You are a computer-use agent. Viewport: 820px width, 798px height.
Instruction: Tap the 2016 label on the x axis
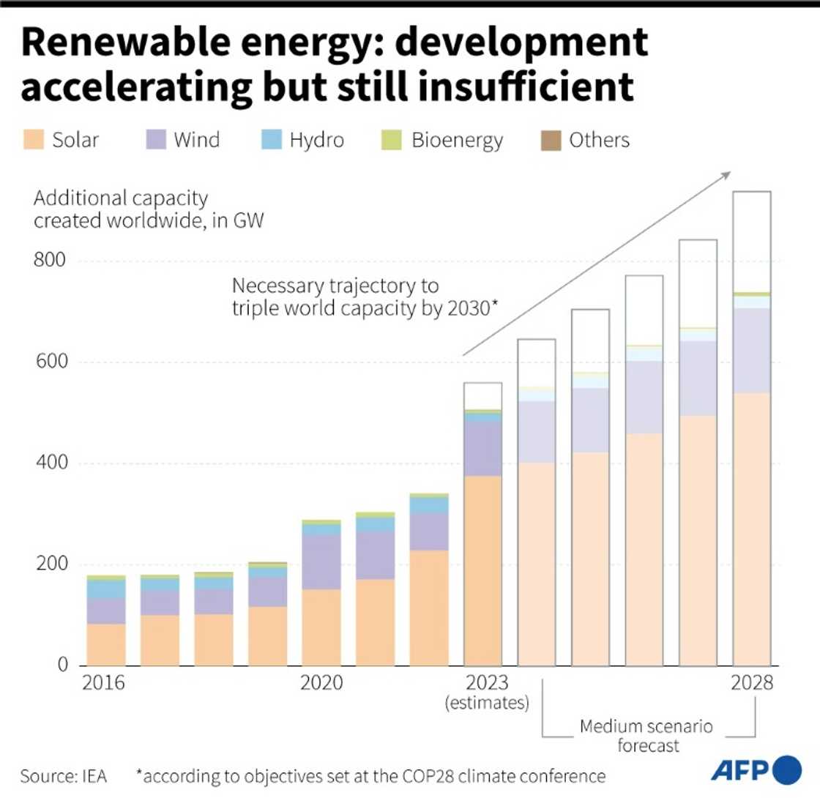click(x=104, y=684)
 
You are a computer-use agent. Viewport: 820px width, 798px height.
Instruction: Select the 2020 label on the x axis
click(x=321, y=684)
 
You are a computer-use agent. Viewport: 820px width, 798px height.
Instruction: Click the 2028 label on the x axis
click(x=752, y=684)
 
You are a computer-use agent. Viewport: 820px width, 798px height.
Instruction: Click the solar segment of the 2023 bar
click(x=483, y=571)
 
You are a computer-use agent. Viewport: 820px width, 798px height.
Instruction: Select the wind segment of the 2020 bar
click(x=321, y=562)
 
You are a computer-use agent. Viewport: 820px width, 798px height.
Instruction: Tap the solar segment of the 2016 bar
click(x=105, y=644)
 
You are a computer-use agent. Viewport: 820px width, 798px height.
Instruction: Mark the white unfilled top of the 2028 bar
click(x=752, y=242)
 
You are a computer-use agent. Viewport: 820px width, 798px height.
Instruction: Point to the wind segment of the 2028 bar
click(x=752, y=351)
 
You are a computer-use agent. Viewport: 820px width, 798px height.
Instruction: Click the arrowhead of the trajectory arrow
click(x=727, y=174)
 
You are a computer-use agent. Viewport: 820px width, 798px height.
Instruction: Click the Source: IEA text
click(x=64, y=775)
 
